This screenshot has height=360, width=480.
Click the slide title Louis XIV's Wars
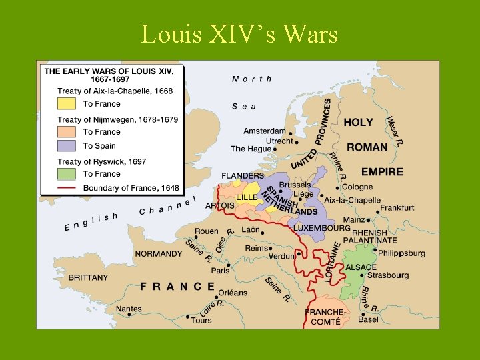point(239,33)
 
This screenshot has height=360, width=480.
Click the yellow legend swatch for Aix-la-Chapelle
point(66,104)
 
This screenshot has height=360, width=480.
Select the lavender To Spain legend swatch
point(66,145)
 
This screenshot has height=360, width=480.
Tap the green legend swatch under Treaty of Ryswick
point(66,174)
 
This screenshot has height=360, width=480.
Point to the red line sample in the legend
point(66,188)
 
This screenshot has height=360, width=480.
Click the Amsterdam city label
point(264,131)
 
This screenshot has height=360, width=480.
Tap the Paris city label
point(220,271)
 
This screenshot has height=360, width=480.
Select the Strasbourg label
point(388,275)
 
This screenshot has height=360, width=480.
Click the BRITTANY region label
point(87,277)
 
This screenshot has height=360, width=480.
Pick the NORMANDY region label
point(158,254)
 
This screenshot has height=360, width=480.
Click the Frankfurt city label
point(397,208)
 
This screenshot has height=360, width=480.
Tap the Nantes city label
point(129,309)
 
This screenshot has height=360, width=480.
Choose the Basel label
point(367,319)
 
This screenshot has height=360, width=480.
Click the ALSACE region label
point(361,267)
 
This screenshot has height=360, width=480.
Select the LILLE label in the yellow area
point(247,198)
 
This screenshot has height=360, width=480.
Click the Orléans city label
point(232,293)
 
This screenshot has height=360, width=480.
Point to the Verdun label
point(281,256)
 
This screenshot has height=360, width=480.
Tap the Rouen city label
point(206,231)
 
